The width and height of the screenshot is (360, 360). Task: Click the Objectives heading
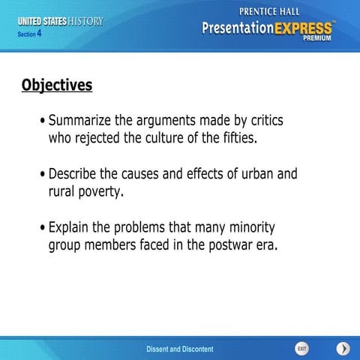coord(57,85)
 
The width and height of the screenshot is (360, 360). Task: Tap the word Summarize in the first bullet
coord(83,121)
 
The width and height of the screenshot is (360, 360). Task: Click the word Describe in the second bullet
coord(76,174)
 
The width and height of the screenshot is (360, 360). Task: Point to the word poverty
coord(97,192)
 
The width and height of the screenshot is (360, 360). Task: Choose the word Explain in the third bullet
coord(71,227)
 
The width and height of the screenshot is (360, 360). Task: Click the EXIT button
coord(301,349)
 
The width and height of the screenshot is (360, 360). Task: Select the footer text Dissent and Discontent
coord(179,349)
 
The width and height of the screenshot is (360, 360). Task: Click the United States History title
coord(61,21)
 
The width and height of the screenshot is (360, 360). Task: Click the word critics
coord(264,121)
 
